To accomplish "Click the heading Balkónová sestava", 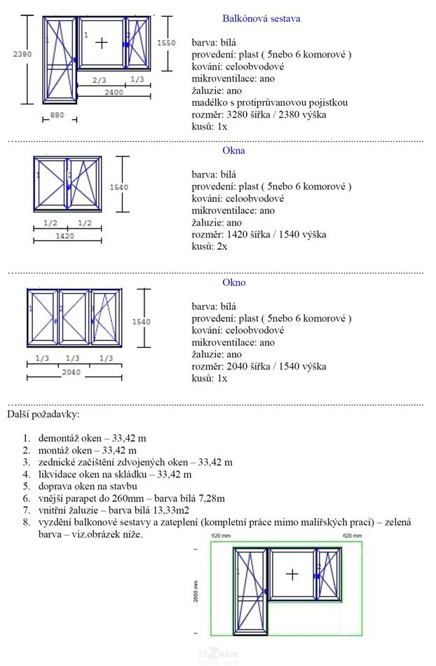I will tap(261, 19).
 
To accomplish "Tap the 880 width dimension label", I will tap(57, 115).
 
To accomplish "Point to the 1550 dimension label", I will tap(167, 43).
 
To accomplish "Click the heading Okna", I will tap(233, 151).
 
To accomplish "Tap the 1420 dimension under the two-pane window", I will tap(64, 237).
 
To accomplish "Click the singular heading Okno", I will tap(233, 283).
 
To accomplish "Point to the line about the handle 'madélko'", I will tap(270, 103).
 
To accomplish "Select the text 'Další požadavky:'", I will tap(43, 415).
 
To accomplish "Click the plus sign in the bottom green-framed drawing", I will tap(292, 573).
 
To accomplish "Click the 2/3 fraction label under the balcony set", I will tap(100, 80).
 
